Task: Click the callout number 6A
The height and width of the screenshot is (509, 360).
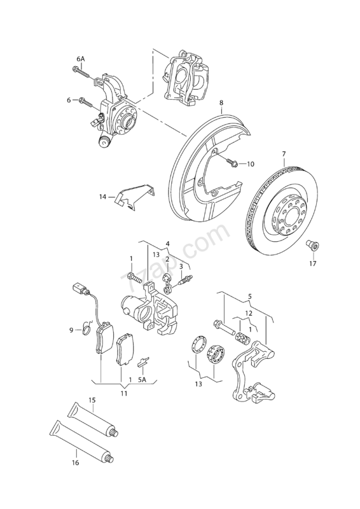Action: click(81, 59)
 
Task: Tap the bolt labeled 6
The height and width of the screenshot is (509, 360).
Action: click(86, 102)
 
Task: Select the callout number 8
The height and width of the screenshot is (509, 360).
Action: click(221, 103)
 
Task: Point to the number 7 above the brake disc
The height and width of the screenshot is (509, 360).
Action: click(284, 153)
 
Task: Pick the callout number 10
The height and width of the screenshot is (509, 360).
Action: click(250, 164)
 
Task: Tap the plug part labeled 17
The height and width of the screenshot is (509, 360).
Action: click(312, 246)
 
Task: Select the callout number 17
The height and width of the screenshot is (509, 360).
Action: click(312, 263)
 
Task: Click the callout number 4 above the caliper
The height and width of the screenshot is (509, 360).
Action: click(167, 243)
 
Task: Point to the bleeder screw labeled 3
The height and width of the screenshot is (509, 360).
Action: click(186, 280)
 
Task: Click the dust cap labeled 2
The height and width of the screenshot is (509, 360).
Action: click(167, 278)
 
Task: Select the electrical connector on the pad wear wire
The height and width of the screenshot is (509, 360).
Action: click(78, 288)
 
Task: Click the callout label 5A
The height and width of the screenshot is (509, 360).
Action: click(142, 379)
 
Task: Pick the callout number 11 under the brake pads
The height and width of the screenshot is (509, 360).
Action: click(123, 393)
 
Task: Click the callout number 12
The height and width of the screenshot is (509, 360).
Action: click(249, 313)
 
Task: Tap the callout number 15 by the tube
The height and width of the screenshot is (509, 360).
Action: click(92, 400)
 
